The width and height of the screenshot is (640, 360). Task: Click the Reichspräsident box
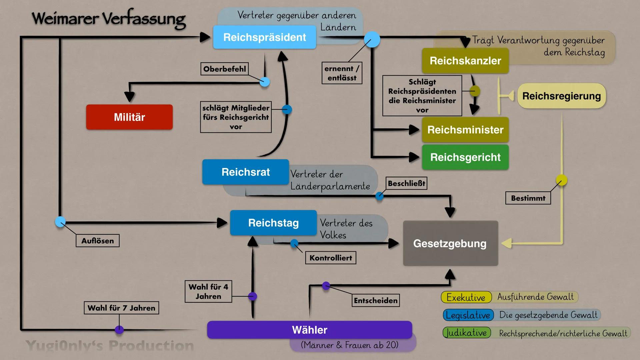pyautogui.click(x=264, y=37)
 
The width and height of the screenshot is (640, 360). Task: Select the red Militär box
pyautogui.click(x=129, y=117)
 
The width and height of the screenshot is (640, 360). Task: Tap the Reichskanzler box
pyautogui.click(x=465, y=61)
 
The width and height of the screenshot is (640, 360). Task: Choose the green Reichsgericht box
pyautogui.click(x=465, y=157)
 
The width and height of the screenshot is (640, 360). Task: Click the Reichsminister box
pyautogui.click(x=465, y=130)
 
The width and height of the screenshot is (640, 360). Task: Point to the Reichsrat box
pyautogui.click(x=246, y=172)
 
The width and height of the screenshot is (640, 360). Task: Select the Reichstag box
pyautogui.click(x=273, y=223)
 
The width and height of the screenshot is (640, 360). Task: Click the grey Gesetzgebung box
pyautogui.click(x=450, y=243)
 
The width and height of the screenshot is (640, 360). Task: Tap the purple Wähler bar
pyautogui.click(x=309, y=330)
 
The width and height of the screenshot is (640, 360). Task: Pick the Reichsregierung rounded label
pyautogui.click(x=561, y=96)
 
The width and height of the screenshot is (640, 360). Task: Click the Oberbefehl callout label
pyautogui.click(x=224, y=69)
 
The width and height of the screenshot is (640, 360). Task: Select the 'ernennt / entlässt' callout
pyautogui.click(x=342, y=73)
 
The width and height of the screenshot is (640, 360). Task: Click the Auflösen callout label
pyautogui.click(x=98, y=241)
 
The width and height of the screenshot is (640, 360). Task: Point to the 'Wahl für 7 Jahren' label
pyautogui.click(x=121, y=308)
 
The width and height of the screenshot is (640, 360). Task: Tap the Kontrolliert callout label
pyautogui.click(x=331, y=258)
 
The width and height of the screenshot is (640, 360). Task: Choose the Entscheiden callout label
pyautogui.click(x=376, y=300)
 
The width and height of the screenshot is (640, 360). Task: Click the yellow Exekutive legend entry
pyautogui.click(x=466, y=297)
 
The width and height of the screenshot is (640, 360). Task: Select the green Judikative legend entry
pyautogui.click(x=467, y=333)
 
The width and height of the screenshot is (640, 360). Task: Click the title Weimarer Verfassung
pyautogui.click(x=109, y=19)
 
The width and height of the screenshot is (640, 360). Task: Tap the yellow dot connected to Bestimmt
pyautogui.click(x=561, y=180)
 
